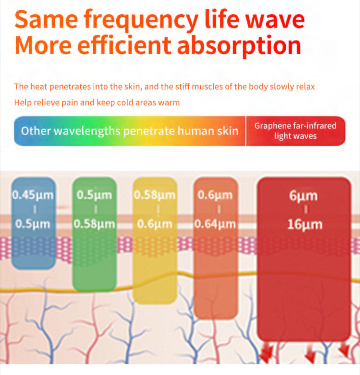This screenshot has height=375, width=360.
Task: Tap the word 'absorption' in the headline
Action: point(239,46)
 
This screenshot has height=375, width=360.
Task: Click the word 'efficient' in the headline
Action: point(124,45)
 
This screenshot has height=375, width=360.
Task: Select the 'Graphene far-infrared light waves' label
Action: point(295,131)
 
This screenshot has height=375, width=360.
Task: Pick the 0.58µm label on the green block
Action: point(94,224)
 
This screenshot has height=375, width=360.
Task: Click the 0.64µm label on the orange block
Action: point(215,224)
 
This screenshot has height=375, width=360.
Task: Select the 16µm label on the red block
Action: point(305,225)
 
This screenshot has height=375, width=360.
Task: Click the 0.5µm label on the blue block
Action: point(33,224)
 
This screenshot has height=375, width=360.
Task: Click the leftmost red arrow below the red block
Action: point(267,353)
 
